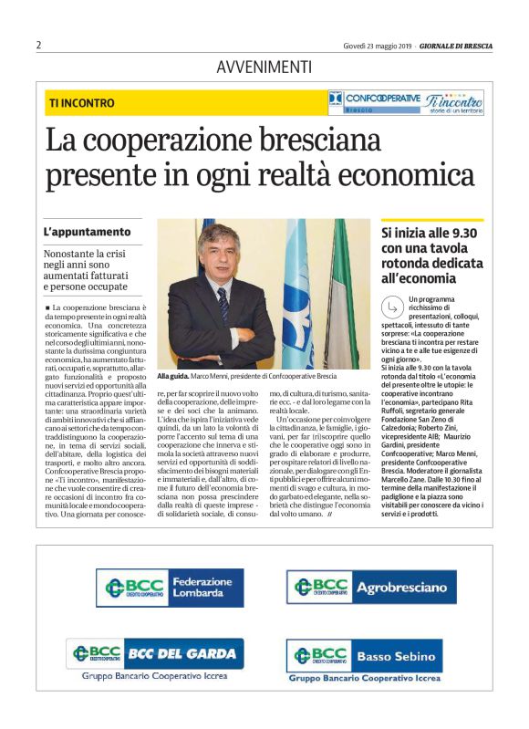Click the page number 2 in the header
click(39, 45)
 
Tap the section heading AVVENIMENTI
click(264, 67)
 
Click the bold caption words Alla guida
click(172, 376)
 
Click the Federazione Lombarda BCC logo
click(170, 587)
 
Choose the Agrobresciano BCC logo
click(370, 587)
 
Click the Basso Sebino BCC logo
click(364, 655)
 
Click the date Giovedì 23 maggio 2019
click(377, 45)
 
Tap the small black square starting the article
click(47, 309)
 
